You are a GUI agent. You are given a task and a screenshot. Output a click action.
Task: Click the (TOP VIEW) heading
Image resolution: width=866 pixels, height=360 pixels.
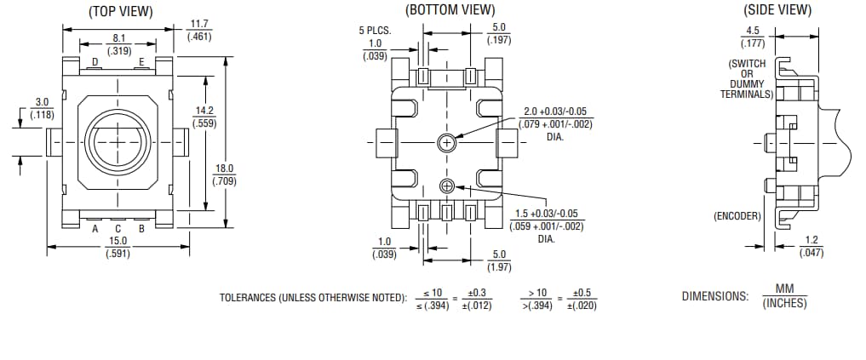click(120, 11)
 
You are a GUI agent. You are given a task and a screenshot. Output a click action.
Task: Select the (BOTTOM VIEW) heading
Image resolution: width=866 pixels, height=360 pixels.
click(450, 10)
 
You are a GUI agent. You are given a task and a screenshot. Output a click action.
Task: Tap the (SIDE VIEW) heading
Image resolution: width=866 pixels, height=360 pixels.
click(777, 10)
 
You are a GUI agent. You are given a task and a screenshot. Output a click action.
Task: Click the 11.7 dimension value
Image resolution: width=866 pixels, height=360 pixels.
click(200, 25)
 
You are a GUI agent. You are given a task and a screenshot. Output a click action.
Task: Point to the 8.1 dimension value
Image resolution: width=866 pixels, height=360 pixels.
click(118, 38)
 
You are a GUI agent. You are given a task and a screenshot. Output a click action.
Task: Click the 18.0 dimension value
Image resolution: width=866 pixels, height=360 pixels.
click(225, 169)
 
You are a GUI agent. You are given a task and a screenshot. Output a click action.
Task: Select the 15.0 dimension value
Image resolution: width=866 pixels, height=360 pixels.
click(118, 241)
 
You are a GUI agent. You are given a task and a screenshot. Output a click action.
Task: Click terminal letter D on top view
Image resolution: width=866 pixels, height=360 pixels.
click(95, 61)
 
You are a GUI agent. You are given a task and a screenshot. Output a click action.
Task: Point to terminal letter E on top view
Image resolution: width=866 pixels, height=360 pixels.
click(141, 61)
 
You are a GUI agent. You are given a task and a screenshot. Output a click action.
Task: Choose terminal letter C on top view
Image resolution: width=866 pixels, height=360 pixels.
click(118, 228)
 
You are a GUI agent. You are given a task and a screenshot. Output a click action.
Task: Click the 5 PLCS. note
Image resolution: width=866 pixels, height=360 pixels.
click(375, 31)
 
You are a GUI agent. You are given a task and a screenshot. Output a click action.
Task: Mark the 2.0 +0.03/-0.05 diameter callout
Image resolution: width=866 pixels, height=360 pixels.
click(554, 112)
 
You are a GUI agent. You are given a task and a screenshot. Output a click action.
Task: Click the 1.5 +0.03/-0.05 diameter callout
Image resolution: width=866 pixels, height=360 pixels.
click(547, 214)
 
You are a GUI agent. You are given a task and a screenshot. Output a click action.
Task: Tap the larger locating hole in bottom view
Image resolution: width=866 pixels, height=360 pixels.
click(445, 143)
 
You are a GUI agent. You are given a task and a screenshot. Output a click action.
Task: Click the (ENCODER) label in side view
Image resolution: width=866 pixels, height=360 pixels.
click(737, 216)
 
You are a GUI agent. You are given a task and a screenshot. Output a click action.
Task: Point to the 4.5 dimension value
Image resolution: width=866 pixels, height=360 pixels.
click(752, 31)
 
